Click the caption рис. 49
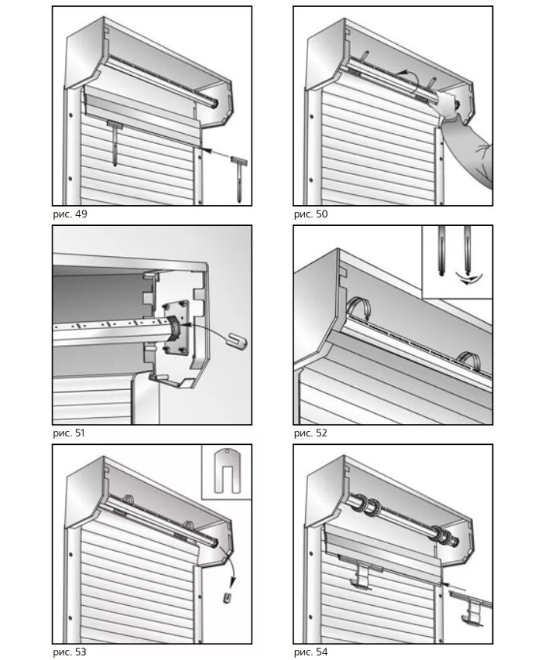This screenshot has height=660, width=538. coord(70,214)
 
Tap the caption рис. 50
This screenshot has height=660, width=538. coord(310,214)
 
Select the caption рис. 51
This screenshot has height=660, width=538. coord(69,433)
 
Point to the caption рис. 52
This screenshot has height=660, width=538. coord(310,433)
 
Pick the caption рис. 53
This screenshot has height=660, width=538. coord(70,652)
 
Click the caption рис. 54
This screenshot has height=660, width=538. coord(310,652)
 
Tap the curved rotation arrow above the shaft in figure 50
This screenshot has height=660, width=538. coord(410,77)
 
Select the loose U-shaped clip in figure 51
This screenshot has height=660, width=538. coord(237,340)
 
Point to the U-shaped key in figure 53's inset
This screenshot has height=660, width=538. coord(227,470)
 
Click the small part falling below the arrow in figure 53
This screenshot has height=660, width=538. coord(228,597)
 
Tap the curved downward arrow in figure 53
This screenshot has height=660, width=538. coord(229,566)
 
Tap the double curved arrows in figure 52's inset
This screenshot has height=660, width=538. coord(469,279)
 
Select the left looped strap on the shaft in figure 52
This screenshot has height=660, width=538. coord(359,309)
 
